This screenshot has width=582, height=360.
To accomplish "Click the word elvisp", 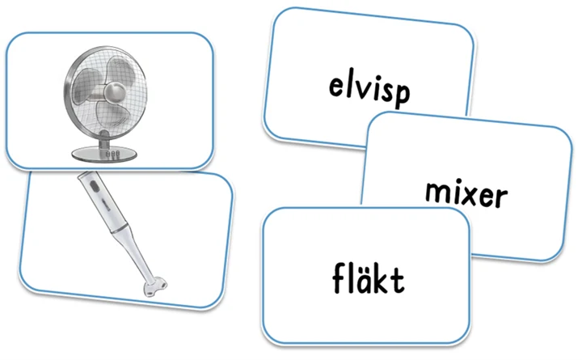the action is [x=369, y=89].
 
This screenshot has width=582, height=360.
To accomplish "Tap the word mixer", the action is [x=466, y=193].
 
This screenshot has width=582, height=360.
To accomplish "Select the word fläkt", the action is [x=368, y=278].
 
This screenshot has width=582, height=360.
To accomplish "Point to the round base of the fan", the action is [x=104, y=154].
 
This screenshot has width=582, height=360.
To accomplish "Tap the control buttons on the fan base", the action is [x=112, y=154].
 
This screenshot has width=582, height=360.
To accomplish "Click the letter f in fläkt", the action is [x=338, y=278].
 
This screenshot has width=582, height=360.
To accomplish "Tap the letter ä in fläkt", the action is [x=365, y=281].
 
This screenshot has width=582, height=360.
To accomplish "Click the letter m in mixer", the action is [x=437, y=192].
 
